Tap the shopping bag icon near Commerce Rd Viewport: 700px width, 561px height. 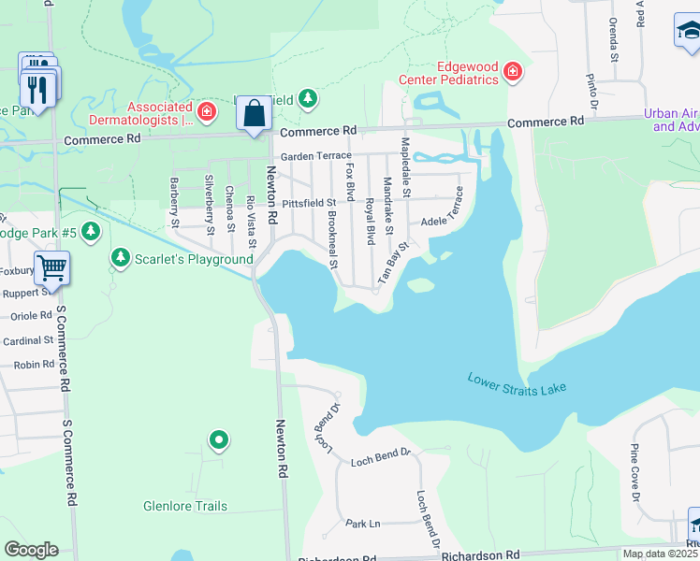pos(254,115)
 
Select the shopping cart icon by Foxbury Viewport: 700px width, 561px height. pos(51,267)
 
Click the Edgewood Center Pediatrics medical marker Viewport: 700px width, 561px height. pos(512,72)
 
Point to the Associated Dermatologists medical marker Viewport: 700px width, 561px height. pos(208,113)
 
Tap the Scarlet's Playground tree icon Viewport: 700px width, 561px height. pos(120,257)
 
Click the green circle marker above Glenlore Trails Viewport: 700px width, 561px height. pos(218,439)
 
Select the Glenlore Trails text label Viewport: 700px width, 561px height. pos(185,507)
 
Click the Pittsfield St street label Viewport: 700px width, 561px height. pos(309,202)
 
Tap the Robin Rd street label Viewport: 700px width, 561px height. pos(34,365)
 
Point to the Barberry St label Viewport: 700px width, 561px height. pos(174,203)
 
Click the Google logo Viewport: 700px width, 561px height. pos(31,550)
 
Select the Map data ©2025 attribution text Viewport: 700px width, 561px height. pos(660,554)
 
